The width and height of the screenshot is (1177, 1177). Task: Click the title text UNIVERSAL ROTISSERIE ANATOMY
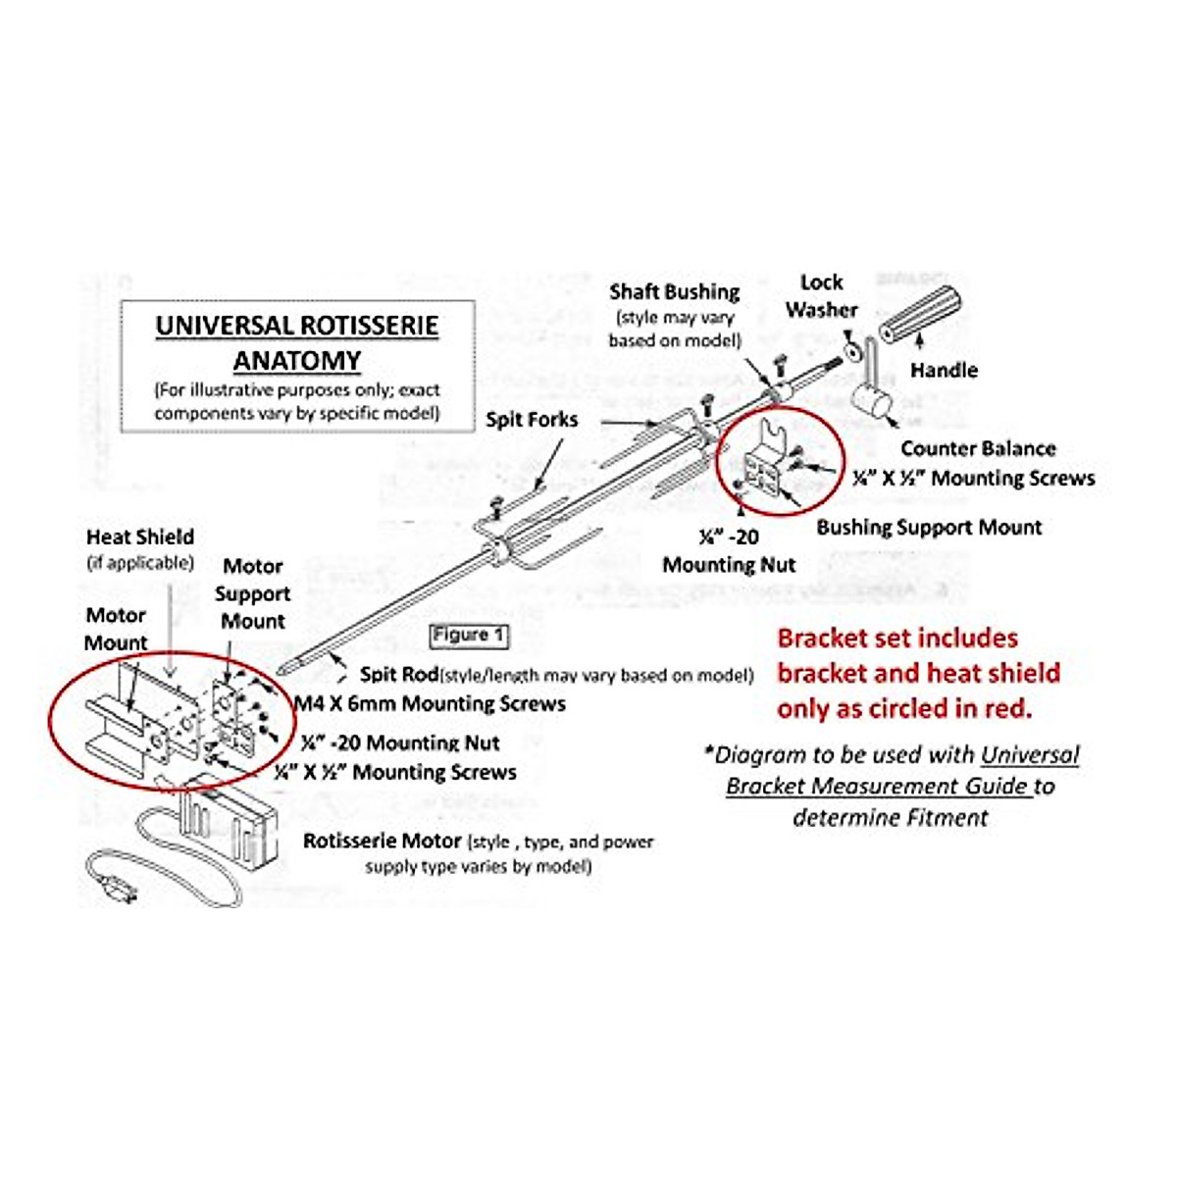pyautogui.click(x=296, y=342)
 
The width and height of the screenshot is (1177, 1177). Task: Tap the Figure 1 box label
pyautogui.click(x=469, y=636)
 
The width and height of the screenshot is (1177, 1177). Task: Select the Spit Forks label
pyautogui.click(x=532, y=420)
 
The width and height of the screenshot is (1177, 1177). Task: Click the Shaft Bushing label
pyautogui.click(x=674, y=292)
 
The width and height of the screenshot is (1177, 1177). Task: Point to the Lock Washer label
pyautogui.click(x=821, y=296)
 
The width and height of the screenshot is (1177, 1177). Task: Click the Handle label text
pyautogui.click(x=944, y=371)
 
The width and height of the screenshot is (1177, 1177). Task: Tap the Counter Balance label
pyautogui.click(x=978, y=449)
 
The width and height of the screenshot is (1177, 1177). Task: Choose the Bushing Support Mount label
pyautogui.click(x=929, y=528)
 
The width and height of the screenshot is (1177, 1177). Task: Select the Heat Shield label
pyautogui.click(x=140, y=537)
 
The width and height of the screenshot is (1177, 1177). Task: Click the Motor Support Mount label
pyautogui.click(x=252, y=593)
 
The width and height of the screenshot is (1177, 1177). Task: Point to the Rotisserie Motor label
pyautogui.click(x=383, y=842)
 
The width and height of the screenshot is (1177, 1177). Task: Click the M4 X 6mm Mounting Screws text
pyautogui.click(x=432, y=704)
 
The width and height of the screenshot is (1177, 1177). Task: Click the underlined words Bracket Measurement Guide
pyautogui.click(x=879, y=787)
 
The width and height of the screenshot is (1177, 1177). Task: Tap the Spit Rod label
pyautogui.click(x=398, y=675)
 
